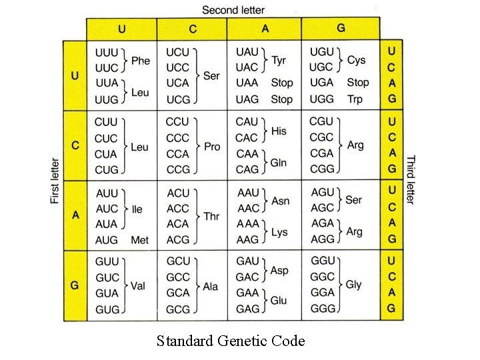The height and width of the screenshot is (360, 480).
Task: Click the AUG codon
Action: pos(107,240)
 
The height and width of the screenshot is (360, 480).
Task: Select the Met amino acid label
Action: pos(139,240)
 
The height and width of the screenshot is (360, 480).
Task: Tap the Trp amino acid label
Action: pos(355,99)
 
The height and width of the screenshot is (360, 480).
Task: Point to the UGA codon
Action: pos(321,83)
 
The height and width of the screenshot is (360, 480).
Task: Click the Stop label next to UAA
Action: pos(281,83)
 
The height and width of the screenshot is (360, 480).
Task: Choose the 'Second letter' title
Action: pos(233,9)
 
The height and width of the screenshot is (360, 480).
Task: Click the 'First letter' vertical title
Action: pos(55,181)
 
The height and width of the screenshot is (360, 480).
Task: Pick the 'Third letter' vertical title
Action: pos(411,180)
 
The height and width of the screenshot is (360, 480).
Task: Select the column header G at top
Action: pos(341,28)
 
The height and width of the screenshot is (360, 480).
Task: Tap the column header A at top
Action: pos(265,28)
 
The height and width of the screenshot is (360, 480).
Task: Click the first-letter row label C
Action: pos(75,145)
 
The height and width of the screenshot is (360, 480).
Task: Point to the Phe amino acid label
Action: pos(141,60)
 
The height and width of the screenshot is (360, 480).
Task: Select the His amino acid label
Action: pos(279,131)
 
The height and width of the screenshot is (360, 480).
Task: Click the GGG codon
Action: pos(322,309)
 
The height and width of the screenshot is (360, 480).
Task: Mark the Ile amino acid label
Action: pos(137,209)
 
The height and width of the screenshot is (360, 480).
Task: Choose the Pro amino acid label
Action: pos(211,146)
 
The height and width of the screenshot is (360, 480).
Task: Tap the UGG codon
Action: pos(322,99)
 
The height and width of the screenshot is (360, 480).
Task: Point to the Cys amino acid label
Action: pos(356,60)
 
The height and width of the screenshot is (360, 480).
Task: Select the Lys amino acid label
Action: pos(279,232)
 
